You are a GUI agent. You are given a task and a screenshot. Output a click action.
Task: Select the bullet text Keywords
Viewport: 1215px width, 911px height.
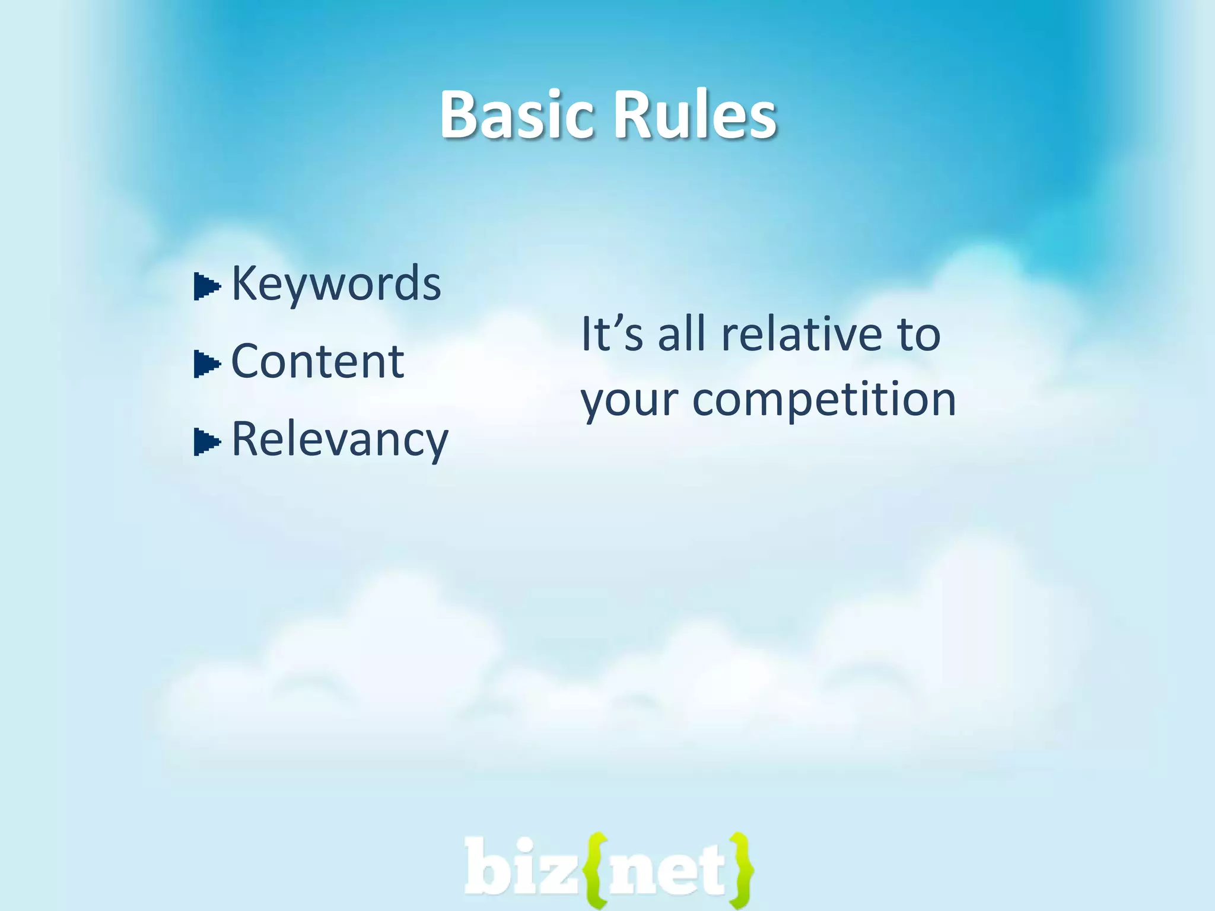pyautogui.click(x=336, y=284)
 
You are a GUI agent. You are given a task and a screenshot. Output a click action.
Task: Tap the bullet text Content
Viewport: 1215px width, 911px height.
pyautogui.click(x=317, y=361)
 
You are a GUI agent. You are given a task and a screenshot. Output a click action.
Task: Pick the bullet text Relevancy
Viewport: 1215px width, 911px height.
pyautogui.click(x=339, y=440)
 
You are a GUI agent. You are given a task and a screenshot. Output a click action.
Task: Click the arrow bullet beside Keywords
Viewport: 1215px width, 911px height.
pyautogui.click(x=206, y=287)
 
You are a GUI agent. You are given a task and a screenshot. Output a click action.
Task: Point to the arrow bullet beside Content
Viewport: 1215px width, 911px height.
pyautogui.click(x=206, y=364)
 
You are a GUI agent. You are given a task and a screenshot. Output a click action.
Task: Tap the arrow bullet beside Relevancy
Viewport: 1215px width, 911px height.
pyautogui.click(x=206, y=442)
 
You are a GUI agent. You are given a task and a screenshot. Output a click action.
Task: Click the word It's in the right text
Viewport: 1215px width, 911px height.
pyautogui.click(x=611, y=334)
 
